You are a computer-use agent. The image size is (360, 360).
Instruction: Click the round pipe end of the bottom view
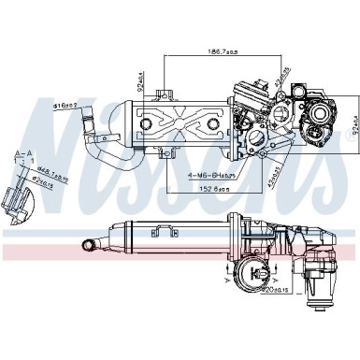coord(92,245)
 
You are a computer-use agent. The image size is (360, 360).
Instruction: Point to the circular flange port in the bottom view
coord(258,274)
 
